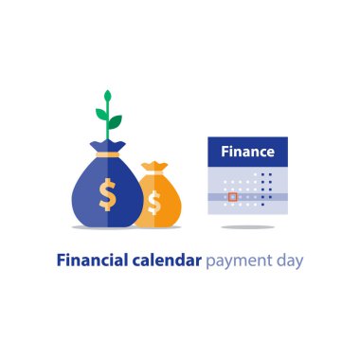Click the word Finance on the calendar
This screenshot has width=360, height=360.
[247, 152]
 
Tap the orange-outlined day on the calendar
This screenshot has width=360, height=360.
[232, 197]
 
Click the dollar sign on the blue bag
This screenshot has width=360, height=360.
[108, 195]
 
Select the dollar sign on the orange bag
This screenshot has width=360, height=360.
[154, 202]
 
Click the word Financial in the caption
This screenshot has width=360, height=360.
[96, 258]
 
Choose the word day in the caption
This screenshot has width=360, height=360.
[290, 259]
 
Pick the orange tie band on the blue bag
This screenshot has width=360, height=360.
[107, 153]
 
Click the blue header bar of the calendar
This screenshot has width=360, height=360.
[247, 152]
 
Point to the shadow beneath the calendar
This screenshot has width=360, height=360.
[247, 226]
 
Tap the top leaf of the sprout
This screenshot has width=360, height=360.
[107, 98]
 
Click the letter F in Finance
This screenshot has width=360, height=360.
[225, 152]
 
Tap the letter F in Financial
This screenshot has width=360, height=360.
[62, 258]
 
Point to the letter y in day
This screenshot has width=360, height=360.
[299, 260]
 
